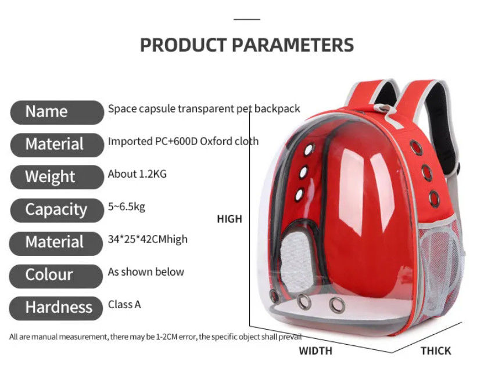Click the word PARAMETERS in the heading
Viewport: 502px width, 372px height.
tap(292, 45)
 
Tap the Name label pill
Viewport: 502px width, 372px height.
tap(57, 112)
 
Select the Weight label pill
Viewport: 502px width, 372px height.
tap(57, 177)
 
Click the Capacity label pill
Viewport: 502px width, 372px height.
tap(57, 210)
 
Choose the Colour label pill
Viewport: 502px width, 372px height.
tap(56, 276)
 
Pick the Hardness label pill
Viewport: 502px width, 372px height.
tap(56, 308)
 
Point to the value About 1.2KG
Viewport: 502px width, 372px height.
tap(137, 174)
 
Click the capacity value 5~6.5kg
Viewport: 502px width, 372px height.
tap(127, 207)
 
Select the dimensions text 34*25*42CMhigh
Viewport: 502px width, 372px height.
tap(148, 239)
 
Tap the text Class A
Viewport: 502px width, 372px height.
tap(124, 305)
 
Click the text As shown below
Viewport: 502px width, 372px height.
tap(146, 272)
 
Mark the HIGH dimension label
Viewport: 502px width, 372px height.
tap(230, 219)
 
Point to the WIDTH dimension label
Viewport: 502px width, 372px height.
tap(315, 351)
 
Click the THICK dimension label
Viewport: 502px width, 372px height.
tap(436, 351)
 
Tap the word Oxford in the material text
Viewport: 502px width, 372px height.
tap(216, 142)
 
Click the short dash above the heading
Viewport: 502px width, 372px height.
tap(247, 20)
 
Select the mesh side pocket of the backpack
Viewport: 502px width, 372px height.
tap(442, 272)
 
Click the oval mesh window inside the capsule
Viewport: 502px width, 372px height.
tap(296, 262)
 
